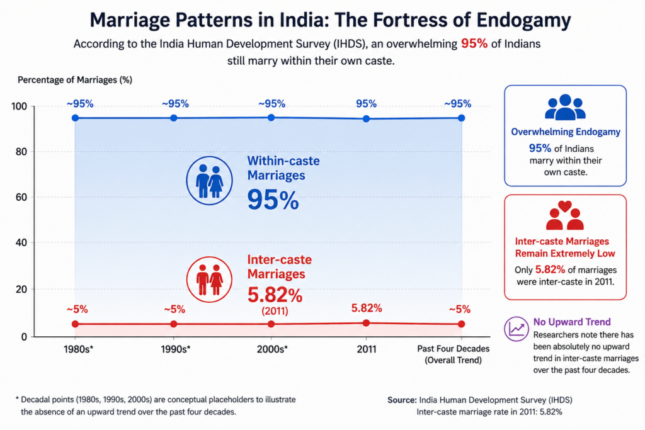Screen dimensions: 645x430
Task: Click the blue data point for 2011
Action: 366,119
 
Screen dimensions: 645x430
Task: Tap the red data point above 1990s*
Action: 174,324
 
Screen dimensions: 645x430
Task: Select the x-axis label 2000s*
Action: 272,349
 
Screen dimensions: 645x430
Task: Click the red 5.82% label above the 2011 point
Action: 367,308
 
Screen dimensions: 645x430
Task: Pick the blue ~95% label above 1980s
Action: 80,104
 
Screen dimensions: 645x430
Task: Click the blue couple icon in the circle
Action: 209,181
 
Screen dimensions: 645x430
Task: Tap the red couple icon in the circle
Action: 209,280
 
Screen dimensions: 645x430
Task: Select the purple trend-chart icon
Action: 517,329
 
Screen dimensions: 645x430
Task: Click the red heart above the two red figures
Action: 565,206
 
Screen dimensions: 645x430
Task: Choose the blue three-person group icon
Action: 565,107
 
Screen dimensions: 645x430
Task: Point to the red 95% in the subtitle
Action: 474,43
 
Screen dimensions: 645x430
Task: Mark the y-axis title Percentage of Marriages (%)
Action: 75,80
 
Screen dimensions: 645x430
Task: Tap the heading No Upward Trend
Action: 572,322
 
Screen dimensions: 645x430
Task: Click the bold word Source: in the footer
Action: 402,400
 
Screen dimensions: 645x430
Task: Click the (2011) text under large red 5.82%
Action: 275,311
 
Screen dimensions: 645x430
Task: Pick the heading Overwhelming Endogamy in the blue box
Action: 566,132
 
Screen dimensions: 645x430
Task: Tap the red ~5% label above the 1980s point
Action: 77,309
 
